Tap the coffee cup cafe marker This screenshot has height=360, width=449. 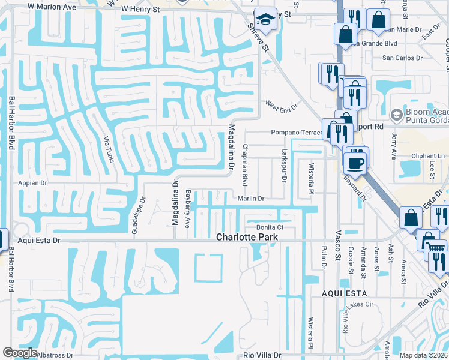(x=355, y=161)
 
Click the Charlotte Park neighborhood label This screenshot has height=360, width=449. (x=246, y=238)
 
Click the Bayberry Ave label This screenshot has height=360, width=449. (x=188, y=209)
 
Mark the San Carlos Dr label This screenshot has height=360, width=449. (x=403, y=59)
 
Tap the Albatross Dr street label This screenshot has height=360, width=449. (x=55, y=355)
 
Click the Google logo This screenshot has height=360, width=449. (x=20, y=353)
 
